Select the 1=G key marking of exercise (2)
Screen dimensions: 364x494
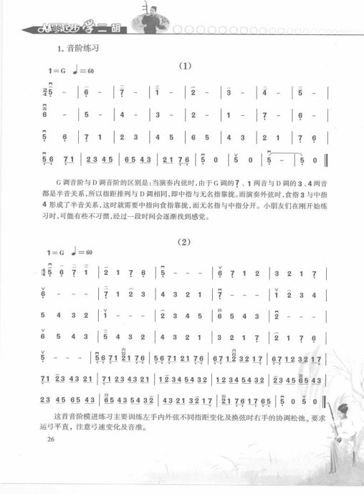pos(56,253)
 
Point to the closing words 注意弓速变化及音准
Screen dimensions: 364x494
pos(115,429)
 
